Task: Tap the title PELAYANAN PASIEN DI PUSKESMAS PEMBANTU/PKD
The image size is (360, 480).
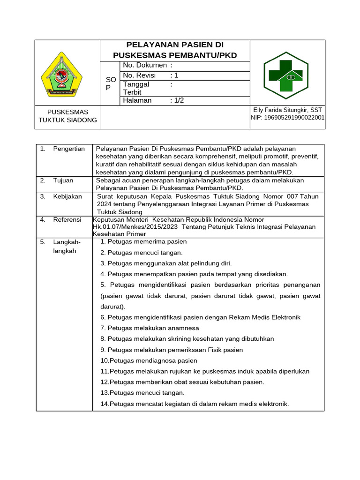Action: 175,50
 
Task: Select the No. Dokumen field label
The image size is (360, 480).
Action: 144,65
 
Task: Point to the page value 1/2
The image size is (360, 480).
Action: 177,100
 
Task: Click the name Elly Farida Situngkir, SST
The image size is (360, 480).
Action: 287,110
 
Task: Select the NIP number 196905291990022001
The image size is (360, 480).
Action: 287,118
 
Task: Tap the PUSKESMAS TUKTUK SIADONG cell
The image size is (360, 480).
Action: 68,116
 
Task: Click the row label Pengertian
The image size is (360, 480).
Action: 68,149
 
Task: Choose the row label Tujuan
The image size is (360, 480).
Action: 63,180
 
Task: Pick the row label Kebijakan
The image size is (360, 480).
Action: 67,196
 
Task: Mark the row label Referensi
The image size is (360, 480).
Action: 67,219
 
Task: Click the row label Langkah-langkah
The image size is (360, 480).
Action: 67,246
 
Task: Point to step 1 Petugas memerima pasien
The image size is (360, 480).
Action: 143,241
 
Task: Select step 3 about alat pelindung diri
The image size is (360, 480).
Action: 166,263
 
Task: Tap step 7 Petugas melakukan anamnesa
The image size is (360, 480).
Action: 150,328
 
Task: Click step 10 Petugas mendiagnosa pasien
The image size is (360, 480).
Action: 149,360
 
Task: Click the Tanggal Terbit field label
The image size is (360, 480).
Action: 136,88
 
